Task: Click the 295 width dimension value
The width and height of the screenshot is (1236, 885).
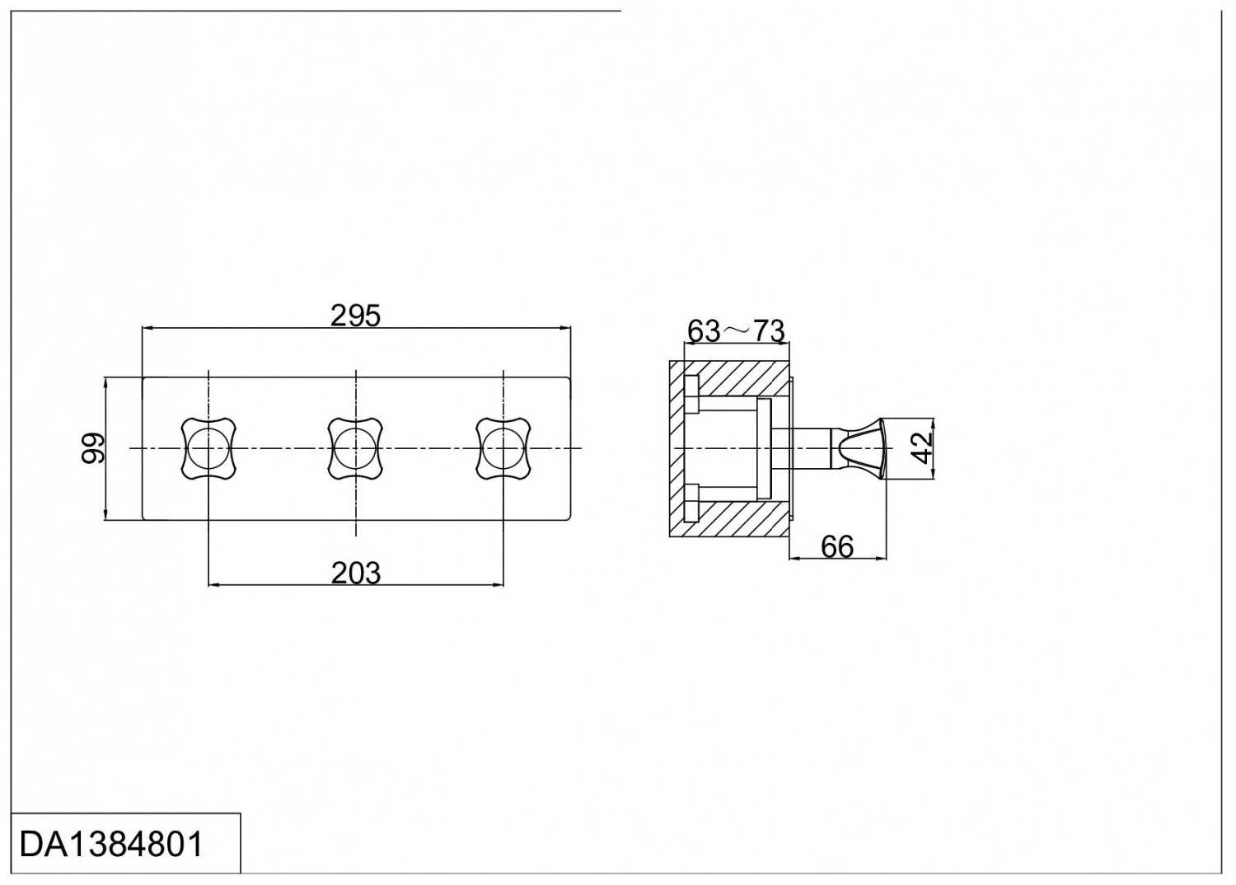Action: (x=355, y=316)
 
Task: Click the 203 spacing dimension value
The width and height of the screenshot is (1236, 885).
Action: (x=356, y=574)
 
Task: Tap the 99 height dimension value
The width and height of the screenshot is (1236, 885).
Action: (x=92, y=448)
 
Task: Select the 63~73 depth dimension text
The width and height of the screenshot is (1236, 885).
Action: (x=736, y=331)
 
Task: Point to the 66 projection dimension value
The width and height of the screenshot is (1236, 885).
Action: (x=837, y=547)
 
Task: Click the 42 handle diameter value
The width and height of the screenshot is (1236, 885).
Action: (x=921, y=448)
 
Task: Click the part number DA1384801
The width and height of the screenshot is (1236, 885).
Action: (x=111, y=845)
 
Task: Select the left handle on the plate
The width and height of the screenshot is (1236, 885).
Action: (x=208, y=448)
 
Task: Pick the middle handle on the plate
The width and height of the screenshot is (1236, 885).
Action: (x=356, y=448)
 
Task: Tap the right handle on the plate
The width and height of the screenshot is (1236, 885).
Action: (x=503, y=448)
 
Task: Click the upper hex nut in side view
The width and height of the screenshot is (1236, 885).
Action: (x=691, y=394)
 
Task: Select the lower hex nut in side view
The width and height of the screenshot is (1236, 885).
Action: (x=691, y=502)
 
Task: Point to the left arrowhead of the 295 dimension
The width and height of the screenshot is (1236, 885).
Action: (x=147, y=330)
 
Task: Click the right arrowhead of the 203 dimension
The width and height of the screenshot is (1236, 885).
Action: (x=498, y=584)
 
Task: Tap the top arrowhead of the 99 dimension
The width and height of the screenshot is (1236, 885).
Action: (x=105, y=383)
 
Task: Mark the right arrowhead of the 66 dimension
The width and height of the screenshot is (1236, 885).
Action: (x=881, y=559)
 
